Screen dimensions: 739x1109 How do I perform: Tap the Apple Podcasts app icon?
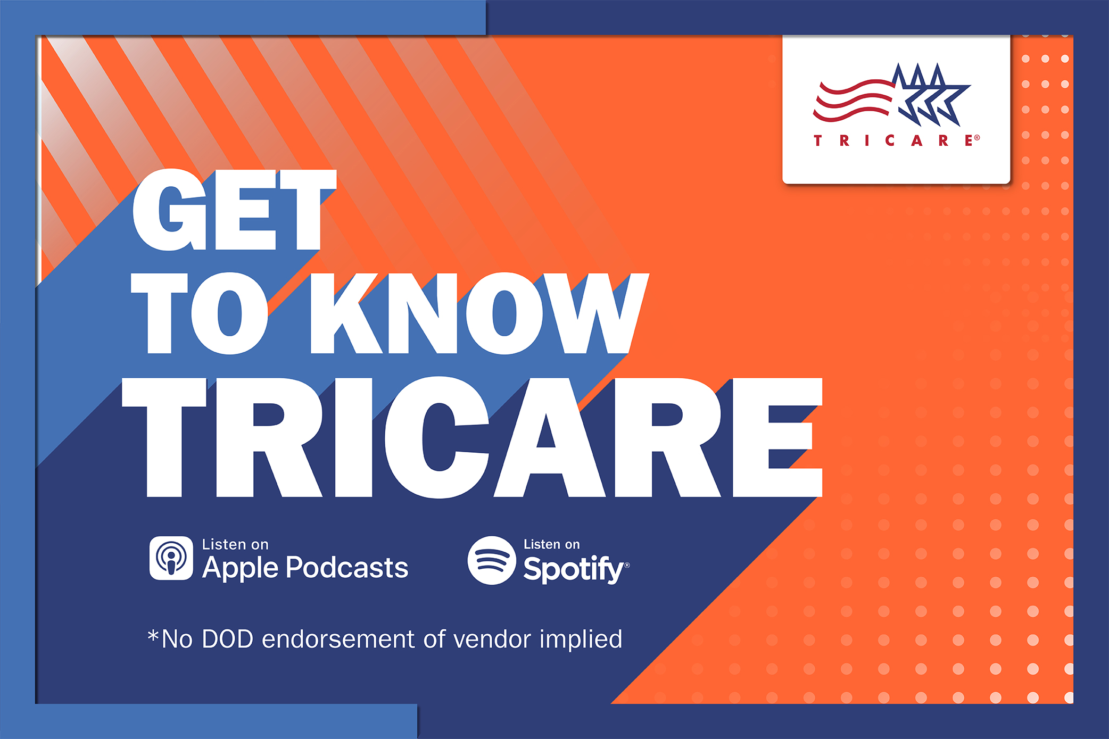tap(171, 558)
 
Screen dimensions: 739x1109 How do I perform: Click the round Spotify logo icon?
tap(491, 560)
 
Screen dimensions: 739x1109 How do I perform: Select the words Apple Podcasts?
tap(305, 568)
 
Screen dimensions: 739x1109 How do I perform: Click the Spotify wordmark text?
tap(573, 569)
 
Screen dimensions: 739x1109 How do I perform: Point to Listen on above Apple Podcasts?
tap(235, 544)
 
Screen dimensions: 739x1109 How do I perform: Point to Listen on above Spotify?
tap(551, 544)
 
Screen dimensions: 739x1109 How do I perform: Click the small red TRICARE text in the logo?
tap(894, 140)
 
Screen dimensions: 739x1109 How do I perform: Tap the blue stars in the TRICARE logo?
tap(931, 95)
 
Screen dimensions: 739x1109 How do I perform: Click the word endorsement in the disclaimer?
tap(338, 639)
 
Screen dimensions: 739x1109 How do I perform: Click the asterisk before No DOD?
tap(153, 635)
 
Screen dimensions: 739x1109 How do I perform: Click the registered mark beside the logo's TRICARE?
tap(977, 137)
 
